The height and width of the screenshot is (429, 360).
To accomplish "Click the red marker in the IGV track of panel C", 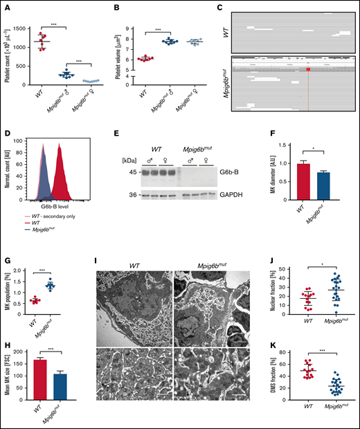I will (x=309, y=69).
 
